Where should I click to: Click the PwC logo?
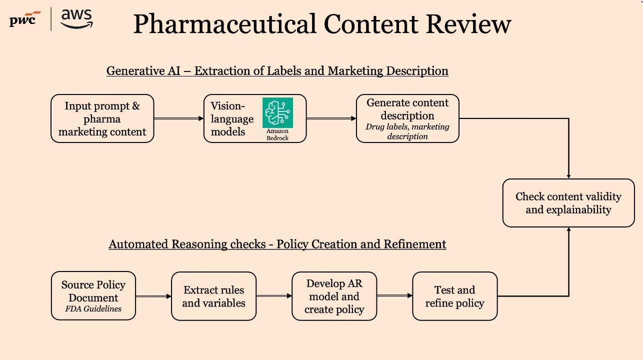click(x=25, y=19)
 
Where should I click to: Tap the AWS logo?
click(x=76, y=18)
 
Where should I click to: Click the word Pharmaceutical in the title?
click(x=225, y=24)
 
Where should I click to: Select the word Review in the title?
click(x=468, y=24)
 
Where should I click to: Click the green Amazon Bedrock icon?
click(x=277, y=112)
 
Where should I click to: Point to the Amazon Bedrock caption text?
click(x=277, y=134)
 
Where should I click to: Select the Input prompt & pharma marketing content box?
click(x=102, y=118)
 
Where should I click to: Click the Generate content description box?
click(x=407, y=118)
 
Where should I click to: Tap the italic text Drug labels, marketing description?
click(x=407, y=131)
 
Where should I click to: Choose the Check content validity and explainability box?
click(x=568, y=203)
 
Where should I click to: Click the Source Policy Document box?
click(x=93, y=295)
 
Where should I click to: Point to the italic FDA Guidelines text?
click(x=93, y=308)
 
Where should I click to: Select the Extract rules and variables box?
click(x=213, y=296)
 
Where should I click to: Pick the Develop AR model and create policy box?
click(x=334, y=296)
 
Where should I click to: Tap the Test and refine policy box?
click(x=454, y=296)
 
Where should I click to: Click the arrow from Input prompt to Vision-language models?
click(x=179, y=118)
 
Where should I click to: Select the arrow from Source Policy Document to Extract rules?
click(x=153, y=296)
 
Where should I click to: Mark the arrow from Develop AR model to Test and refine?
click(x=394, y=295)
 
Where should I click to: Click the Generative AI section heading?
click(x=277, y=71)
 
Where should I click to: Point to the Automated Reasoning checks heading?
click(x=277, y=244)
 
